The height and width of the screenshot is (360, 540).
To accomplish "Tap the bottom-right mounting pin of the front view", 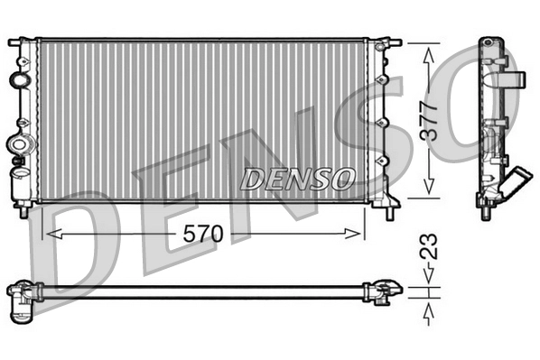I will [389, 212].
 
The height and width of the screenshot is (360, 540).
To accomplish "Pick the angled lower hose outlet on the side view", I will [516, 184].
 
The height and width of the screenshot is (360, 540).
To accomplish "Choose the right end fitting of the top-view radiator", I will [382, 291].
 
